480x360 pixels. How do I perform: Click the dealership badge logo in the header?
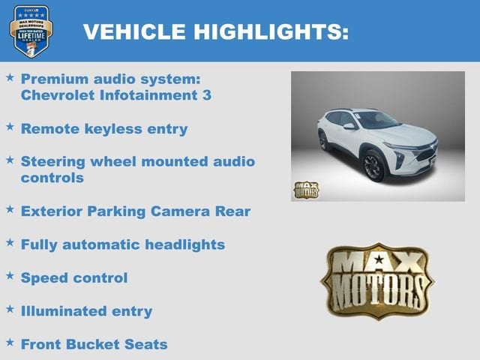click(x=31, y=31)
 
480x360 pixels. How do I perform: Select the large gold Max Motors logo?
click(x=377, y=280)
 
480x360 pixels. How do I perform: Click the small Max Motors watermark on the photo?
click(x=305, y=190)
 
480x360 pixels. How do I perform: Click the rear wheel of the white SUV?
click(x=324, y=140)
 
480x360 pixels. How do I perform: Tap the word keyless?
click(x=113, y=128)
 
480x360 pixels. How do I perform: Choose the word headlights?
click(x=183, y=244)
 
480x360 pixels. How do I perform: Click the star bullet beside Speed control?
click(x=10, y=276)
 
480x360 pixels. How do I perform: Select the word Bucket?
click(x=98, y=344)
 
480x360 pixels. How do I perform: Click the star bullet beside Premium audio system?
click(x=10, y=77)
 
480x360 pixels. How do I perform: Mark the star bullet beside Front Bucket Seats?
click(x=10, y=343)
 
